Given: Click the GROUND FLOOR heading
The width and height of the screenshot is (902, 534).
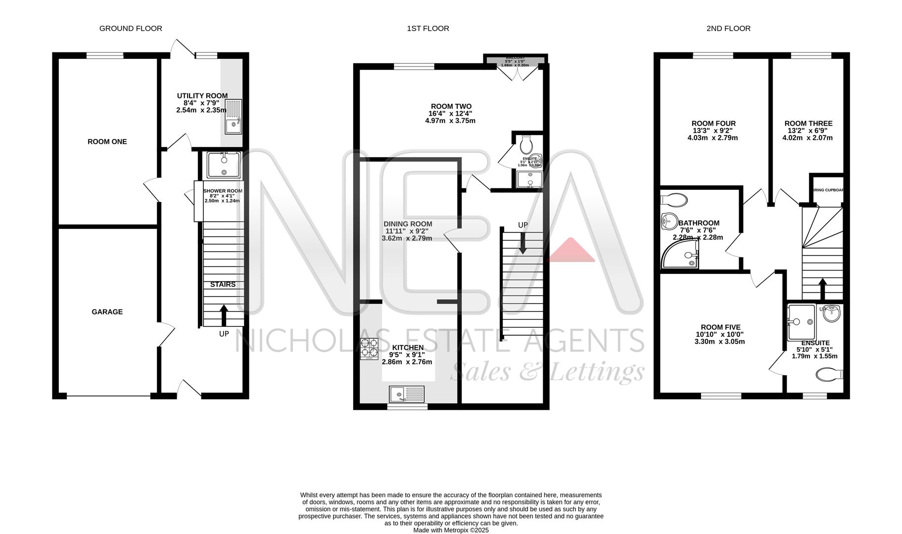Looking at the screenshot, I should (x=131, y=29).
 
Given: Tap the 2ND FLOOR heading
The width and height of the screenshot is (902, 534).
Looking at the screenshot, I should (x=728, y=29).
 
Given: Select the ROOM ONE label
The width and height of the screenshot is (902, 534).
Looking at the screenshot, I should (x=107, y=142).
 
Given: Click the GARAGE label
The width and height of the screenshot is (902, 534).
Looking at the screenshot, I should (x=107, y=312).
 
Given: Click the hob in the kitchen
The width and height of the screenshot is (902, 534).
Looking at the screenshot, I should (x=369, y=349).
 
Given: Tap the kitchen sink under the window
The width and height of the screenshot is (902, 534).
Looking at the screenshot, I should (x=407, y=395).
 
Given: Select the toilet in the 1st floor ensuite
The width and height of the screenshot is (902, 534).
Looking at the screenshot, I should (x=526, y=144).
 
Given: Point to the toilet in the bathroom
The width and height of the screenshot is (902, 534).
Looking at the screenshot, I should (x=674, y=200).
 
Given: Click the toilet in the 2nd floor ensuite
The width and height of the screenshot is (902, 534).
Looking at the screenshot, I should (x=829, y=374).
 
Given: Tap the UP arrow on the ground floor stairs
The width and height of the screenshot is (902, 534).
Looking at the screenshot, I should (x=224, y=314).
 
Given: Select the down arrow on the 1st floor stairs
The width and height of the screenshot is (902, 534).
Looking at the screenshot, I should (x=522, y=243).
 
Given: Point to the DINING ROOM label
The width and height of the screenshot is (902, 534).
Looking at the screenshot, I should (x=409, y=224).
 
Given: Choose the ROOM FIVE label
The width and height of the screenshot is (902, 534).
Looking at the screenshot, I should (x=720, y=327).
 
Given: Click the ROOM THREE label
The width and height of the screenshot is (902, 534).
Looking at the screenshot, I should (x=808, y=124).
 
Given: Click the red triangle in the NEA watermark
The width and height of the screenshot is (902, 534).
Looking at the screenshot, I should (x=571, y=251).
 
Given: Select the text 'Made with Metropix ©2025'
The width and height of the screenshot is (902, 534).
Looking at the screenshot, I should (x=451, y=530).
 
